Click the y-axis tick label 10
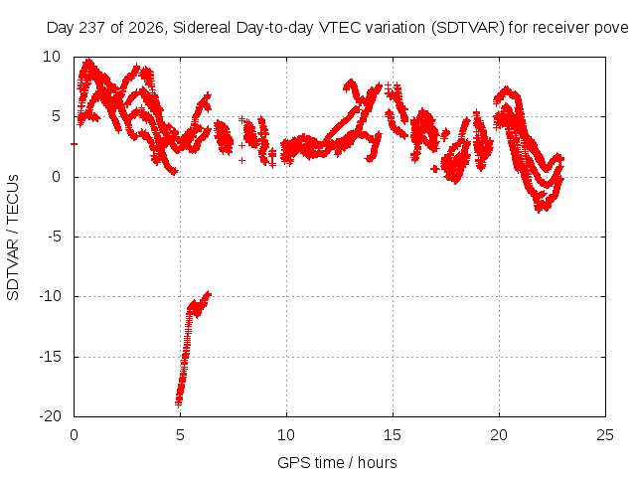(52, 57)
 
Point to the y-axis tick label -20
(50, 416)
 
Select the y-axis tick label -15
(50, 357)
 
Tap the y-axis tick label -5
(55, 237)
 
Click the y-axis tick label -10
(50, 296)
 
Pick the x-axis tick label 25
(605, 435)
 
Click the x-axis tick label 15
(393, 435)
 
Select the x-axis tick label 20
(499, 435)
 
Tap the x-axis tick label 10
(286, 435)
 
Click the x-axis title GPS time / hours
(337, 462)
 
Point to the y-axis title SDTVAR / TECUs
(13, 238)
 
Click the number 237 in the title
(91, 28)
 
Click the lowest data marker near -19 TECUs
(179, 404)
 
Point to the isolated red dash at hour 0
(74, 144)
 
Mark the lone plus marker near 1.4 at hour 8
(241, 161)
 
